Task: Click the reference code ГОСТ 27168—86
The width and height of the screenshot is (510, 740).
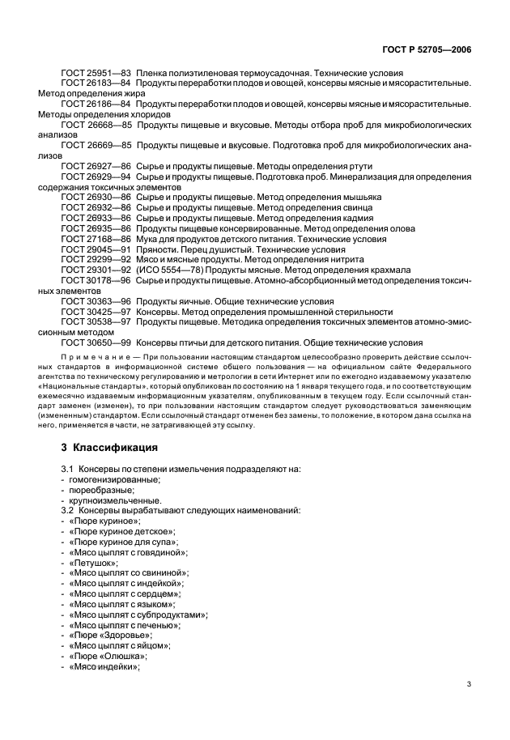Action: coord(96,240)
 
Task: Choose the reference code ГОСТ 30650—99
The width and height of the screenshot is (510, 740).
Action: coord(96,342)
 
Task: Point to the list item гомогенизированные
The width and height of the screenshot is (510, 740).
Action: coord(114,479)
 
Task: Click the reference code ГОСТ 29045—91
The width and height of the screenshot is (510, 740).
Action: coord(96,250)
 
